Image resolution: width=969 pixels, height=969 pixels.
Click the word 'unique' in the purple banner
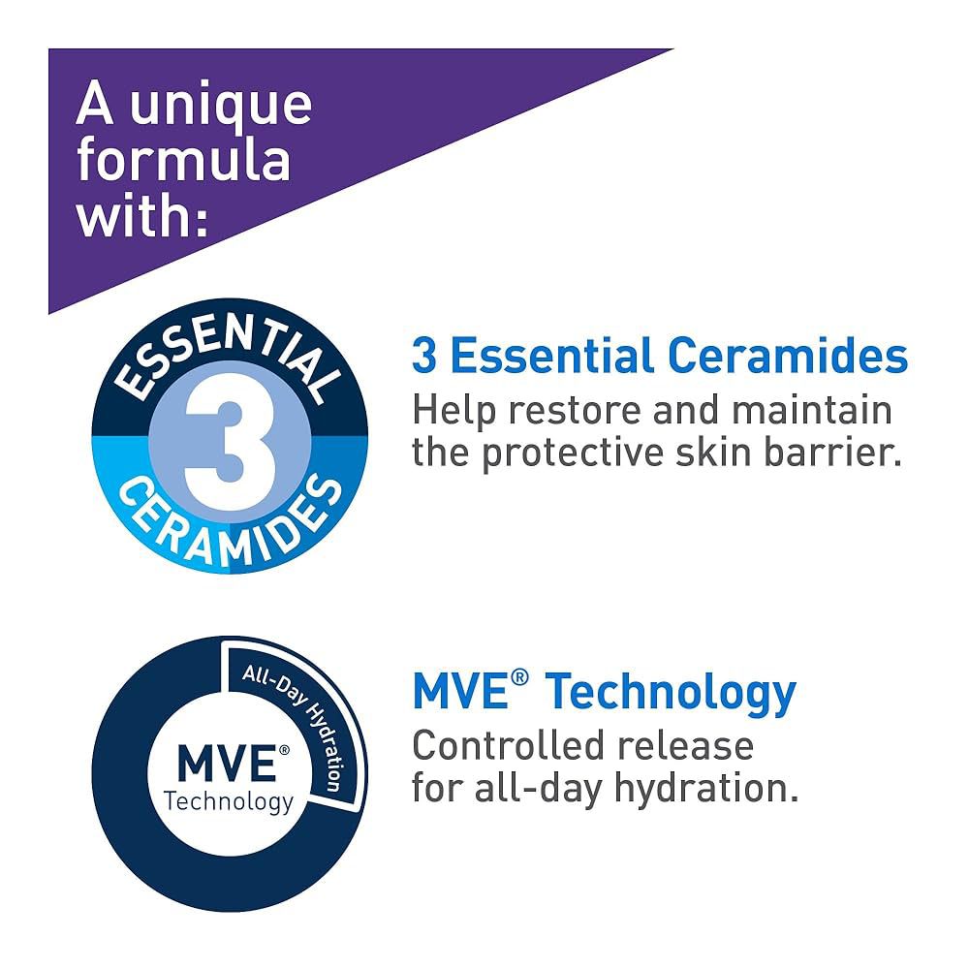click(x=221, y=107)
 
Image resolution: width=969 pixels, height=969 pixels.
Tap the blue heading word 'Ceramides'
click(x=787, y=356)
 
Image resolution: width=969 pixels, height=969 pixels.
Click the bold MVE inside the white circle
click(x=226, y=763)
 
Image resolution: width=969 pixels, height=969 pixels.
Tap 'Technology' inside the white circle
click(x=229, y=801)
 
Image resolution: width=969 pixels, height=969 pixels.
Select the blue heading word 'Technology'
click(x=670, y=694)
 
